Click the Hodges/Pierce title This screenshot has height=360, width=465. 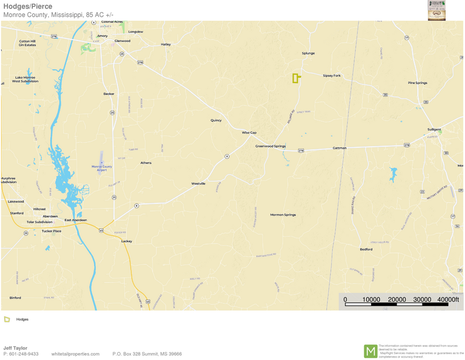(28, 6)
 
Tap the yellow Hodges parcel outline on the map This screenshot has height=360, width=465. (295, 78)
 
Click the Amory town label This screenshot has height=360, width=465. (102, 36)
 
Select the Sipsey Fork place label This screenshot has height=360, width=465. (331, 75)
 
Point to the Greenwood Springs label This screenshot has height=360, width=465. (270, 146)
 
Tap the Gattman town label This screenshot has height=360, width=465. (340, 148)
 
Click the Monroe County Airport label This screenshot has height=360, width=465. (102, 168)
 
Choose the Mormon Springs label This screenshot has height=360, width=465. (283, 215)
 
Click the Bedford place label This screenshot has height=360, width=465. (366, 249)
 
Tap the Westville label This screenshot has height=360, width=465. (199, 184)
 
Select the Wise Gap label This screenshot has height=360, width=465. (249, 132)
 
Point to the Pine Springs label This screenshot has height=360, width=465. (418, 83)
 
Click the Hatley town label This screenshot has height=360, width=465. (166, 44)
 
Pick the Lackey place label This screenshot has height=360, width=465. (127, 241)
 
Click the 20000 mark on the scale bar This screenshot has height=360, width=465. (397, 300)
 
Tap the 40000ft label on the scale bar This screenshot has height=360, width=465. (448, 300)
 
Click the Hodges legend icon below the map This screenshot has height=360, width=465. (7, 319)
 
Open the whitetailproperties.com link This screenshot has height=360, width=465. (75, 354)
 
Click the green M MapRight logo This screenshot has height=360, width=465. (371, 351)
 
